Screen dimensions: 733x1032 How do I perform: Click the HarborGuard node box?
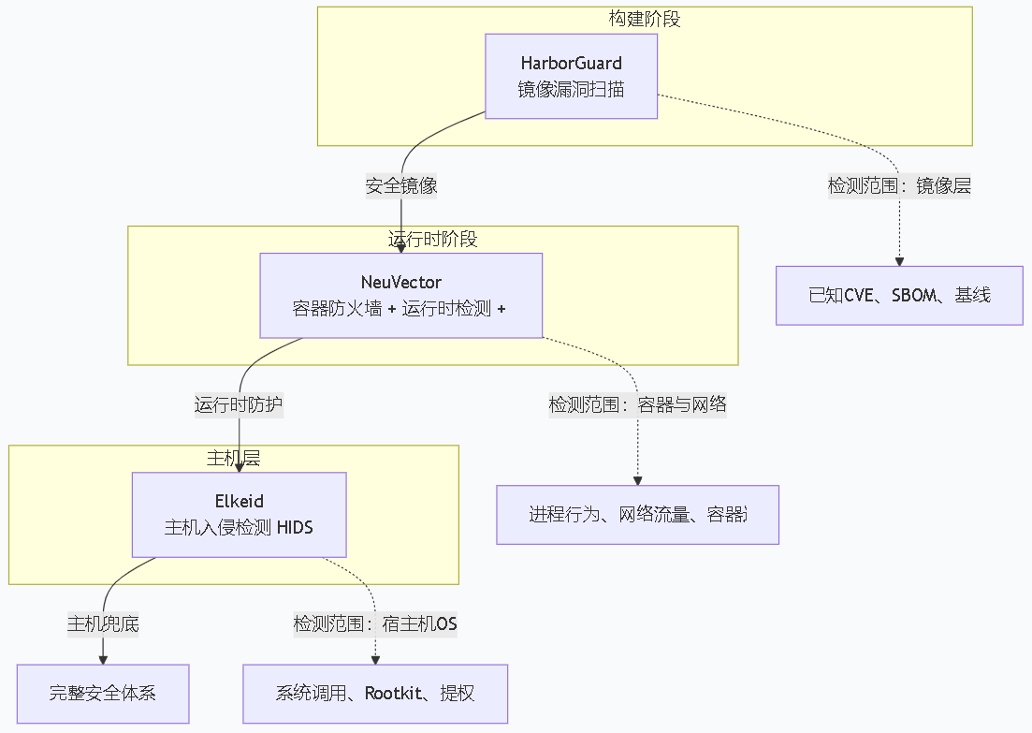[x=571, y=77]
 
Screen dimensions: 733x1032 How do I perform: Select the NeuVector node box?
[x=400, y=295]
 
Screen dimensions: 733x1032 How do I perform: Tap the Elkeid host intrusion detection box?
[x=239, y=515]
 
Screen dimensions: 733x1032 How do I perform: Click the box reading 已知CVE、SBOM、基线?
[x=899, y=296]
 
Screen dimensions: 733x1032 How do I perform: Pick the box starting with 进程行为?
[x=637, y=515]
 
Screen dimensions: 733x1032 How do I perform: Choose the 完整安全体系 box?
[x=103, y=694]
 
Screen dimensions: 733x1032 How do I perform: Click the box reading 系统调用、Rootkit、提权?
[x=375, y=694]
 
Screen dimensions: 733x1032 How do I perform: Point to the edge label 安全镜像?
[x=401, y=185]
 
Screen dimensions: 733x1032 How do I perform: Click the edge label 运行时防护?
[x=239, y=405]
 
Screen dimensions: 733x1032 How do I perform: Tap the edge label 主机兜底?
[x=103, y=624]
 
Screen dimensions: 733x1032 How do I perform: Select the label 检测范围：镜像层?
[x=899, y=186]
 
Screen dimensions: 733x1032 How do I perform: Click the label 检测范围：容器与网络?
[x=637, y=405]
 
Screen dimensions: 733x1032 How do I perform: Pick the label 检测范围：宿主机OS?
[x=375, y=624]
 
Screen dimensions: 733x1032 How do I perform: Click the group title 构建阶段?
[x=644, y=19]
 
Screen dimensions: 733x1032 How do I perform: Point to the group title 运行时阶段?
[x=432, y=239]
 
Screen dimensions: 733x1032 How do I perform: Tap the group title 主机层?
[x=233, y=458]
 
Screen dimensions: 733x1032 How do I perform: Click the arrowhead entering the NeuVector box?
[x=401, y=248]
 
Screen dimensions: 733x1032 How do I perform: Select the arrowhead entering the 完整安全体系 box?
[x=103, y=659]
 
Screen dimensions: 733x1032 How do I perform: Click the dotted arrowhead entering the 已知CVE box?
[x=899, y=261]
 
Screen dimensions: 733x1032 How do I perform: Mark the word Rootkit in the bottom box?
[x=396, y=694]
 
